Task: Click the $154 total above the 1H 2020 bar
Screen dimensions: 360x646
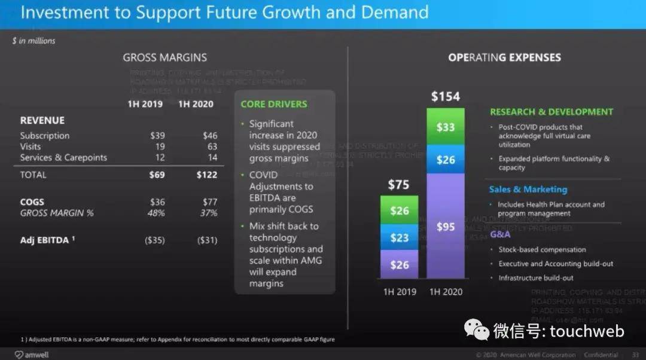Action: [x=445, y=96]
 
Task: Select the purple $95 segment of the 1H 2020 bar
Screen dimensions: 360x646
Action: [x=446, y=227]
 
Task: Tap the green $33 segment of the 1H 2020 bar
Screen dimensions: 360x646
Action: [x=446, y=127]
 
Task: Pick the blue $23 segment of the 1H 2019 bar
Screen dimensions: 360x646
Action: [x=399, y=237]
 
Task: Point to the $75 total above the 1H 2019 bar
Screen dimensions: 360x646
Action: [x=399, y=184]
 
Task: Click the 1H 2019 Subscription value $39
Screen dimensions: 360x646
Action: [x=157, y=136]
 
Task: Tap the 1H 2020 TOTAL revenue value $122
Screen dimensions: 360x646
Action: [x=207, y=175]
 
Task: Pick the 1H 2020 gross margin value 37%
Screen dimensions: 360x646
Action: [x=208, y=213]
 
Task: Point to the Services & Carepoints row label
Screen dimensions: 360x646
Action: [x=63, y=157]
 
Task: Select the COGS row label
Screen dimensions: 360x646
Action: [x=32, y=202]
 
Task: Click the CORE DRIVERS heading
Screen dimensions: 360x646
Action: [x=274, y=104]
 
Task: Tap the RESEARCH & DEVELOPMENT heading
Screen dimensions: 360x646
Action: [x=551, y=112]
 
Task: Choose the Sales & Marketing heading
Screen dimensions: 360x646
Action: [x=528, y=190]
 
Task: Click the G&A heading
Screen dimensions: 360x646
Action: [x=500, y=234]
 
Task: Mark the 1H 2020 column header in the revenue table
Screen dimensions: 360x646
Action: [x=196, y=104]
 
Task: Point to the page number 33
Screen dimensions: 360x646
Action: [x=635, y=355]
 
